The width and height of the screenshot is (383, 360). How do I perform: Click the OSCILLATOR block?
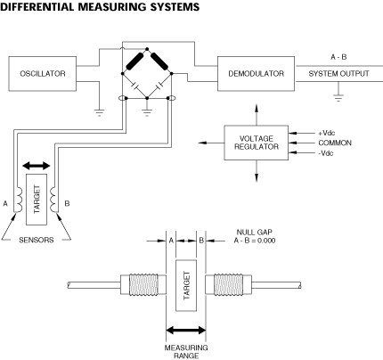point(43,73)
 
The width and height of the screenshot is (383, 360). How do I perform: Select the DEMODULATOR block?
point(256,73)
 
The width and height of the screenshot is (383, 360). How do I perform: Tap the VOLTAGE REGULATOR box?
point(256,143)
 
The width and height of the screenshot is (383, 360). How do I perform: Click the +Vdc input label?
point(327,133)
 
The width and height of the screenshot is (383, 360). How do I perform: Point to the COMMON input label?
point(335,143)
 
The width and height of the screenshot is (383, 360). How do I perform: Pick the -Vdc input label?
point(326,153)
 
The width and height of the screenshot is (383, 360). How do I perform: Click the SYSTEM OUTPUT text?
point(338,74)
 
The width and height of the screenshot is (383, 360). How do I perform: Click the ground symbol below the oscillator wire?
point(99,113)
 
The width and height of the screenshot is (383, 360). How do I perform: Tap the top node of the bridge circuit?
point(147,49)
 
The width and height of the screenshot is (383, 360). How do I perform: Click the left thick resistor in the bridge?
point(134,61)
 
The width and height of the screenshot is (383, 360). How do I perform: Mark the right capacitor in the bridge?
point(160,85)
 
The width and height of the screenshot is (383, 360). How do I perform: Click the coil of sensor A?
point(18,199)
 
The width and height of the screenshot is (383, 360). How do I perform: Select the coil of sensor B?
point(53,199)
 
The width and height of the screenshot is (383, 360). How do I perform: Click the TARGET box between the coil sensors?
point(37,200)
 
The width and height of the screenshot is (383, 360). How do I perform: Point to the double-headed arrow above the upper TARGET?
point(37,166)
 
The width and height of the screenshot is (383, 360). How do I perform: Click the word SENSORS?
point(37,240)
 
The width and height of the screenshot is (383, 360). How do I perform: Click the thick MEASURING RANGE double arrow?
point(186,330)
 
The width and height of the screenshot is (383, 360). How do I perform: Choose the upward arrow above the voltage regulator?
point(257,114)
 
